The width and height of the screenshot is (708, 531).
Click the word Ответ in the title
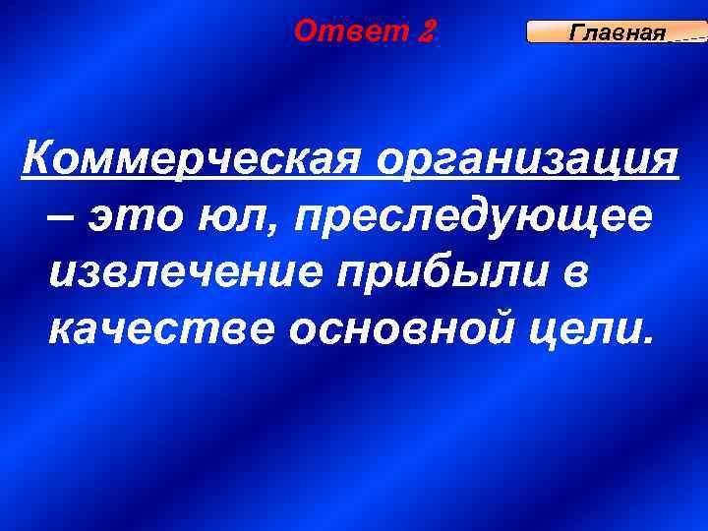351,31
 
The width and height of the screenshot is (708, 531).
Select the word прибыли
442,275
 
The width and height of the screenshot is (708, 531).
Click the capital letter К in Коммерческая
37,155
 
